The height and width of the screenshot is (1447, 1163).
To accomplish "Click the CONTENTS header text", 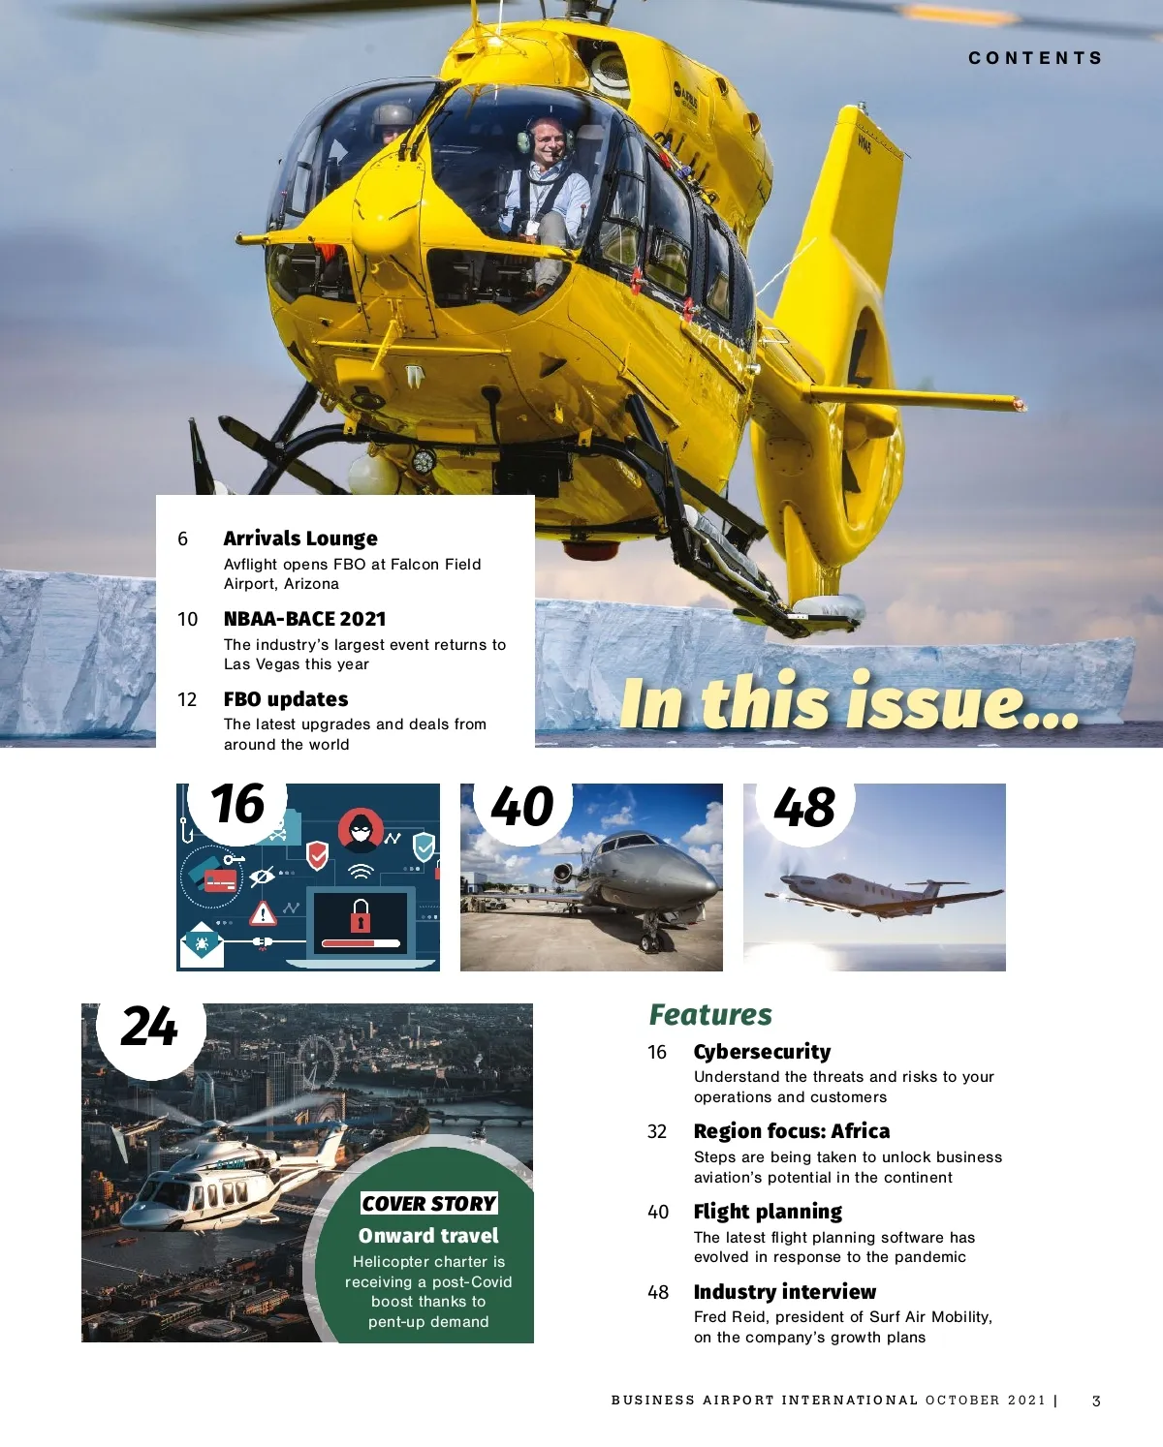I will click(x=1035, y=58).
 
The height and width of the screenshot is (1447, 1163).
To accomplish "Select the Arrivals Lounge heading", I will click(x=300, y=539).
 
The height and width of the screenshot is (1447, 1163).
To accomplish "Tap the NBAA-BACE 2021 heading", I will click(x=304, y=619).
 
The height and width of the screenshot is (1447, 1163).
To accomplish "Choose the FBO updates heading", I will click(x=286, y=699).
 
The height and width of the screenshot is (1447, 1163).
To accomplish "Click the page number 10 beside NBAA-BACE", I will click(x=187, y=620).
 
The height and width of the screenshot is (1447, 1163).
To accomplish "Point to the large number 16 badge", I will click(x=237, y=805).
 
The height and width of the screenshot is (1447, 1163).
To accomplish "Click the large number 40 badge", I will click(x=521, y=807).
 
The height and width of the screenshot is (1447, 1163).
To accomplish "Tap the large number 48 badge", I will click(x=803, y=808).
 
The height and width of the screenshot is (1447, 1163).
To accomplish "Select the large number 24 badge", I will click(x=149, y=1027).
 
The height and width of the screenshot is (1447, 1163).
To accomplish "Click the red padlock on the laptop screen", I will click(x=361, y=915).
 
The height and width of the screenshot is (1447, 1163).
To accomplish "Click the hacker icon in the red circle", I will click(x=360, y=829).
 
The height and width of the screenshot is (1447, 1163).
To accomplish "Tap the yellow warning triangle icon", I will click(x=263, y=913).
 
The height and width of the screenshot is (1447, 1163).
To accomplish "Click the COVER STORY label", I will click(x=428, y=1203).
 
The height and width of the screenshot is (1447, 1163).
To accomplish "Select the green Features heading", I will click(x=710, y=1015).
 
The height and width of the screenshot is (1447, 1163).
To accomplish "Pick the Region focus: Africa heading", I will click(x=791, y=1131).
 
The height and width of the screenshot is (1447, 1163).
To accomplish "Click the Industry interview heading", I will click(x=784, y=1292).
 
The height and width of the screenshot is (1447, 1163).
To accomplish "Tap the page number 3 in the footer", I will click(x=1096, y=1401).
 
